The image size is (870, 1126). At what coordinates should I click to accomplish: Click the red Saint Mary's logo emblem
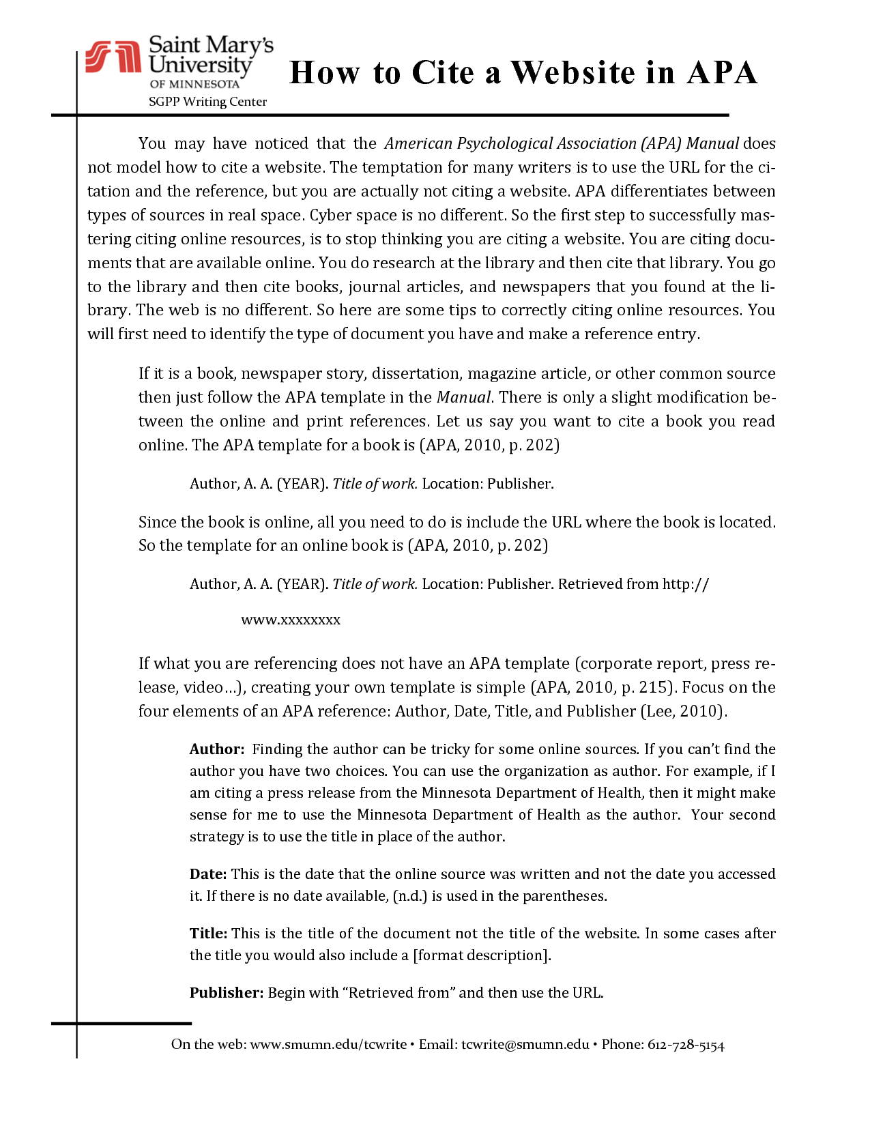point(113,57)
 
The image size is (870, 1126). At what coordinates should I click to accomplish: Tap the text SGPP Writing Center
point(207,102)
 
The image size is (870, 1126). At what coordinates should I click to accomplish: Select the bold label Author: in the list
point(217,749)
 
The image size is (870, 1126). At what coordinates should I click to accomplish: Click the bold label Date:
point(208,874)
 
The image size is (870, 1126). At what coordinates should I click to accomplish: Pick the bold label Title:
point(209,934)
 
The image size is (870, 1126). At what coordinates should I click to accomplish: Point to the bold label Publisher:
point(227,993)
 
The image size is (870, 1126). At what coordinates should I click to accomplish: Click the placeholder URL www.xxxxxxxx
point(291,620)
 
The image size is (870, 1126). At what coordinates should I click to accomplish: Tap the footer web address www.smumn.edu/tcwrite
point(328,1045)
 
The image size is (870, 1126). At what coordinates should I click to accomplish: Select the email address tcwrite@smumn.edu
point(525,1045)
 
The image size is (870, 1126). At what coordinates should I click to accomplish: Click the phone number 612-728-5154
point(686,1045)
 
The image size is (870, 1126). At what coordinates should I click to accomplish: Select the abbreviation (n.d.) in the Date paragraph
point(410,896)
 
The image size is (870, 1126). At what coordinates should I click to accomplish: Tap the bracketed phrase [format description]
point(482,955)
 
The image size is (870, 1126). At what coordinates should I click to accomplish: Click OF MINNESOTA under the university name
point(194,84)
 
